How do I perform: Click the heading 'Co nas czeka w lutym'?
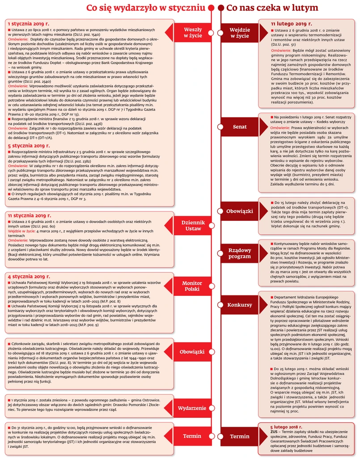[x=272, y=8]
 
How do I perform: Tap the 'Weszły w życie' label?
[x=193, y=33]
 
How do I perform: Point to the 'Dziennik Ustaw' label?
[x=193, y=225]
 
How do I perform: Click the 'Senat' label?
[x=240, y=126]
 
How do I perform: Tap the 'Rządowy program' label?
[x=240, y=253]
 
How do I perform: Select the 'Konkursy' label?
[x=240, y=305]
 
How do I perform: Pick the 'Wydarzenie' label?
[x=192, y=408]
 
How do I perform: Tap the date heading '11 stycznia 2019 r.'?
[x=30, y=215]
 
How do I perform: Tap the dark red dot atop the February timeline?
[x=220, y=8]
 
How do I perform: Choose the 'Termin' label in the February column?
[x=240, y=436]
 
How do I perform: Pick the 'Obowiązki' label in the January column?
[x=192, y=352]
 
